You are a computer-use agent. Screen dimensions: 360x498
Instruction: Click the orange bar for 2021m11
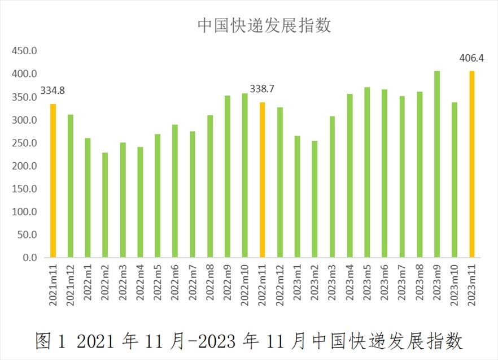click(x=53, y=181)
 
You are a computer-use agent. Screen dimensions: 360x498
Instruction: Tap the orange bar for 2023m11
click(x=472, y=164)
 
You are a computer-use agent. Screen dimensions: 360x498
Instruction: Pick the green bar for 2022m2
click(x=105, y=205)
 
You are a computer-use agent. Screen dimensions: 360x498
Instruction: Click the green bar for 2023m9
click(x=437, y=164)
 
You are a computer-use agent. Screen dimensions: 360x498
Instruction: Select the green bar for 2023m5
click(x=367, y=172)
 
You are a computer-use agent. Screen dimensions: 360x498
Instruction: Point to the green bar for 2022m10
click(x=245, y=175)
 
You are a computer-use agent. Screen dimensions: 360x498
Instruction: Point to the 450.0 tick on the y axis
click(x=25, y=51)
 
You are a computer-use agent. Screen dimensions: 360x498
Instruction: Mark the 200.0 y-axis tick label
click(x=25, y=166)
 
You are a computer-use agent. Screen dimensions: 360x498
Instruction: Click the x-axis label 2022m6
click(x=175, y=285)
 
